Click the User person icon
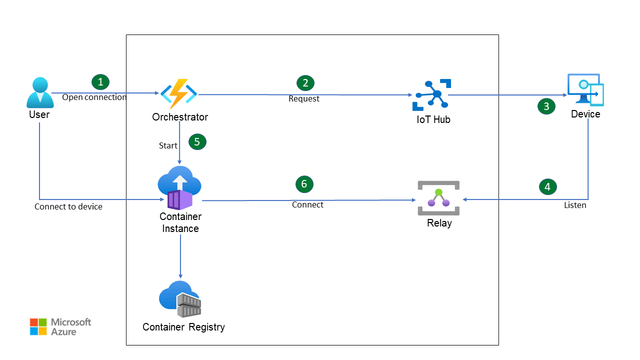coord(40,92)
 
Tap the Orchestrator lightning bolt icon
coord(178,93)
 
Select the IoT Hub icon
coord(431,95)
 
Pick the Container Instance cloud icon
coord(179,188)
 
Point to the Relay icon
coord(438,198)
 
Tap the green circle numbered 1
coord(100,81)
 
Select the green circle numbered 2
coord(305,82)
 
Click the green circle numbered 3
coord(546,106)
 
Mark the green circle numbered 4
coord(547,186)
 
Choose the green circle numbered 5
coord(197,141)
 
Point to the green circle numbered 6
coord(304,184)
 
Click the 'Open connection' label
coord(94,97)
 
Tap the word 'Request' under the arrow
coord(304,99)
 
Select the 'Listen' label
coord(575,205)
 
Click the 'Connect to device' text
coord(68,206)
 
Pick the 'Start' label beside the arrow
coord(168,145)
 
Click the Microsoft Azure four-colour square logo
coord(38,326)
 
